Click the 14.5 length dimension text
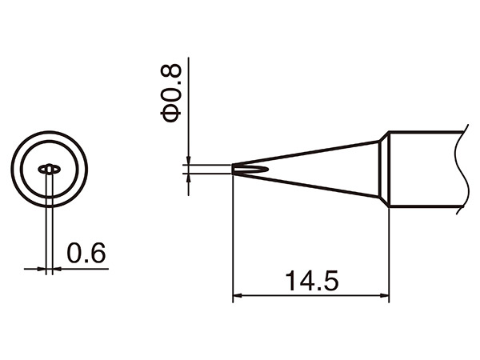click(312, 281)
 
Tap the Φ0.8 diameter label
click(170, 94)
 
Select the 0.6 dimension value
click(86, 253)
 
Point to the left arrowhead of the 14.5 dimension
click(238, 296)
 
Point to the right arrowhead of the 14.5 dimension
click(385, 296)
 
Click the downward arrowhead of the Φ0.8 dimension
click(189, 161)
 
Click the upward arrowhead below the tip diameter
click(189, 178)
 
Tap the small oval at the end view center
click(49, 169)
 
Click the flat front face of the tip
click(233, 170)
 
